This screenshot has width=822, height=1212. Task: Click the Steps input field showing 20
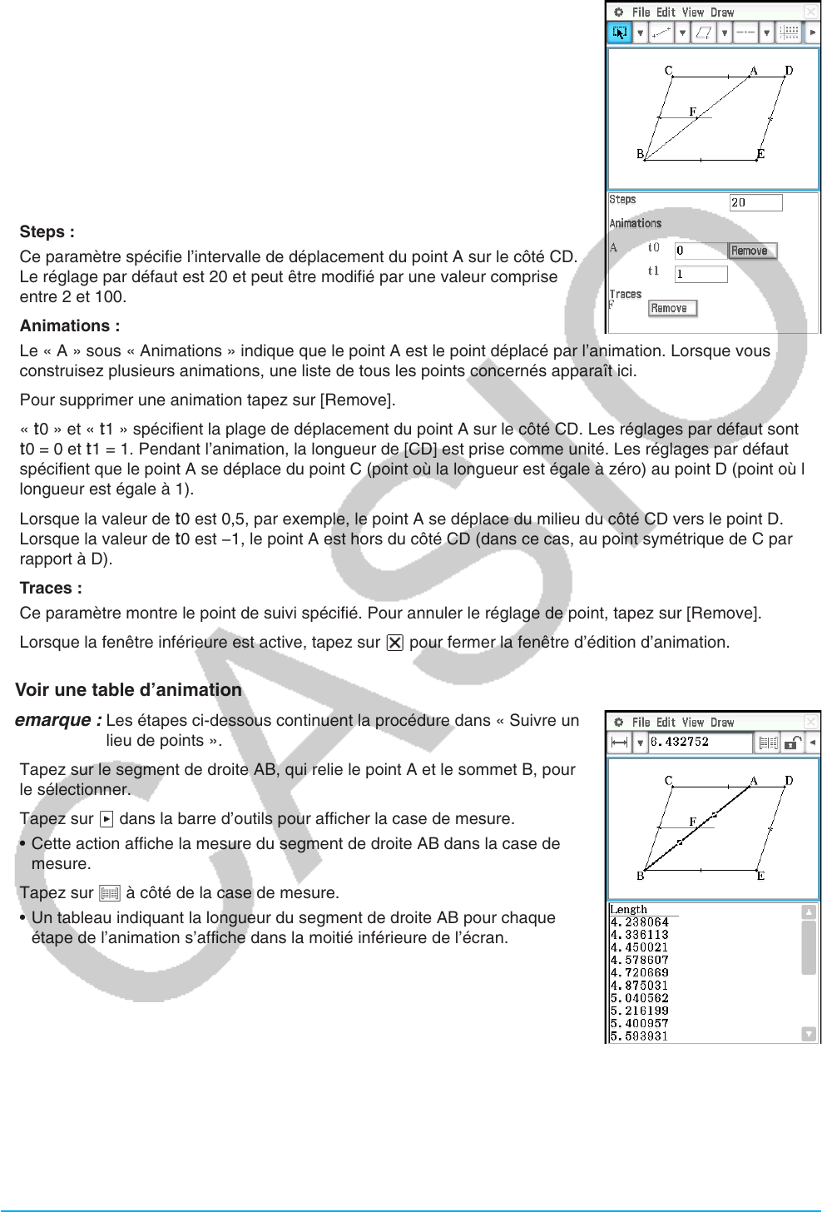point(755,202)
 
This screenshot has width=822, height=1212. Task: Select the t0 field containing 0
point(701,251)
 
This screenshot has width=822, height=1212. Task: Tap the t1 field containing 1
point(701,274)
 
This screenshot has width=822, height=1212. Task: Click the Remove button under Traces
point(672,309)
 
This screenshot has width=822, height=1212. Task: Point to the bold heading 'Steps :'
point(47,232)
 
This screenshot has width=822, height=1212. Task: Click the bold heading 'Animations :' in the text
point(70,326)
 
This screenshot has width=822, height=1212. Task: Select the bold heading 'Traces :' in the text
point(51,589)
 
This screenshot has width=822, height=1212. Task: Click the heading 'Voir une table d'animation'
point(129,690)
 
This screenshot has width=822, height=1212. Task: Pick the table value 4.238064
point(640,922)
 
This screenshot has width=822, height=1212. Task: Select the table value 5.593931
point(640,1036)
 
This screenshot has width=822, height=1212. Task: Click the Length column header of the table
point(629,910)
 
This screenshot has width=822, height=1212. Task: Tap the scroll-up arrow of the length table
point(809,912)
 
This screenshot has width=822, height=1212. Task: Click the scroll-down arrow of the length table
point(809,1034)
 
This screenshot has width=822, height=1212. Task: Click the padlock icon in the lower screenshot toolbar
point(794,743)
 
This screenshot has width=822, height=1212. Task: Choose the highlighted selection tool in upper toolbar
point(620,33)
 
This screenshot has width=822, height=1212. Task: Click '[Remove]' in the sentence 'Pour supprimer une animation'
point(357,400)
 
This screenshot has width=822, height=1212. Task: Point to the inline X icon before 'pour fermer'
point(395,643)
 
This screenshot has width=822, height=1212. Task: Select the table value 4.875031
point(640,986)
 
